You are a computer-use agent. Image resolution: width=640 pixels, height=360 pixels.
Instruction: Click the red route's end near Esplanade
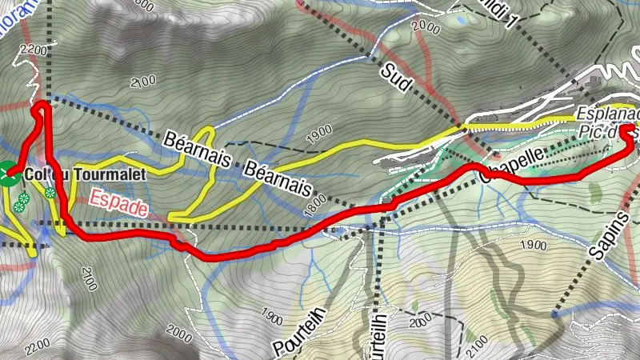tap(629, 128)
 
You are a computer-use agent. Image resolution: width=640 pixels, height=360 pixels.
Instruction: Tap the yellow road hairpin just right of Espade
tap(170, 216)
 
